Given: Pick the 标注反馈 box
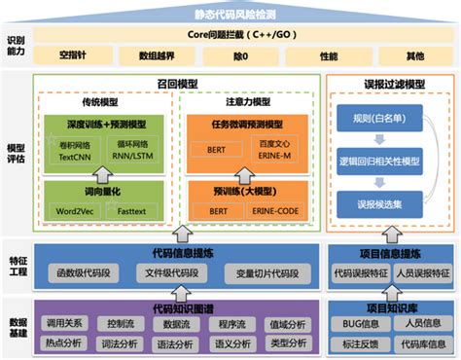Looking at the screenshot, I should (x=361, y=342).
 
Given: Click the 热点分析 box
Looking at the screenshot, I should (x=64, y=342).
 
